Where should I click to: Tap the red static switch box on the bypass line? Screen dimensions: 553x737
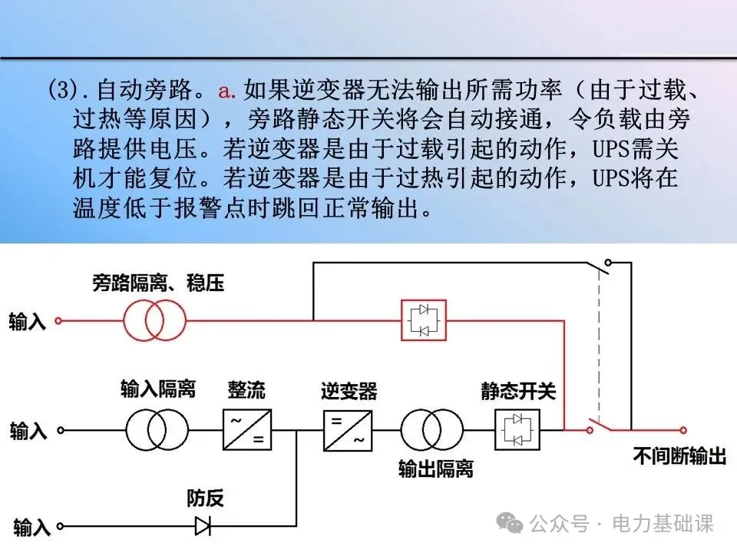(x=424, y=320)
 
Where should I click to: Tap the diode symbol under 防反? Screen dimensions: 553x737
(x=204, y=526)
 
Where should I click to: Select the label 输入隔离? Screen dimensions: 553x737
(x=158, y=389)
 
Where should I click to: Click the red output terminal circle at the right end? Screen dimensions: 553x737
(x=683, y=430)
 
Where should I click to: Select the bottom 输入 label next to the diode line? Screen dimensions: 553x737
(x=31, y=528)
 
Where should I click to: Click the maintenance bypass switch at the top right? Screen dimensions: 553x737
(x=603, y=266)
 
